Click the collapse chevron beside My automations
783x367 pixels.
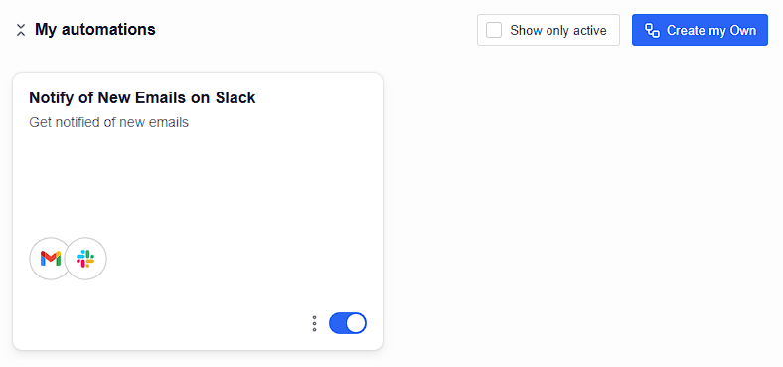point(21,30)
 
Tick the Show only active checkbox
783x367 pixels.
point(494,30)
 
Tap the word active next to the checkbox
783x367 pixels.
point(590,31)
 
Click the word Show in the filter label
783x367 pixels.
point(525,31)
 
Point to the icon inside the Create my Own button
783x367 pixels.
point(652,31)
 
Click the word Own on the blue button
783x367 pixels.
point(743,31)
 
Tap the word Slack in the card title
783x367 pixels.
point(235,98)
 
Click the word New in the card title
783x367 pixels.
point(114,98)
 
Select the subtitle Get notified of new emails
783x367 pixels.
point(109,122)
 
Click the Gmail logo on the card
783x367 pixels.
point(51,259)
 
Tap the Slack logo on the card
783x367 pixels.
point(85,259)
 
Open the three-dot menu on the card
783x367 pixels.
point(314,323)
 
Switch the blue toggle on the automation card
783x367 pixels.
point(348,323)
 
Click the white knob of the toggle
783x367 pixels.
point(356,323)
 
